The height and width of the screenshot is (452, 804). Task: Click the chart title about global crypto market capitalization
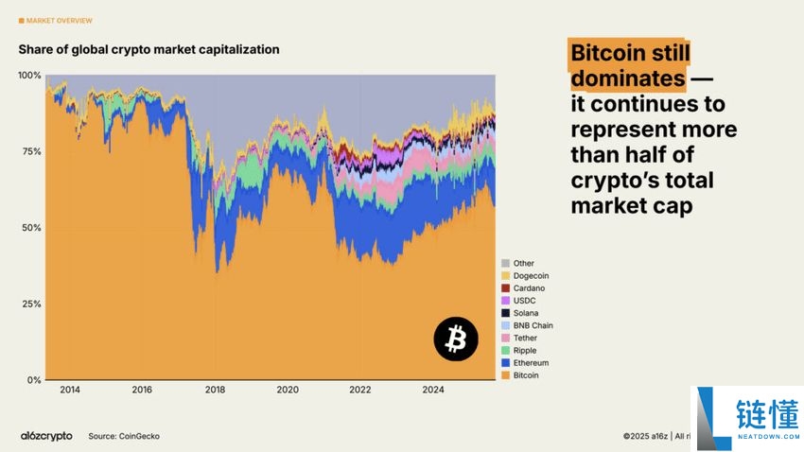149,48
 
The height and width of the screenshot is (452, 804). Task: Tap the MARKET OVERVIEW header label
59,20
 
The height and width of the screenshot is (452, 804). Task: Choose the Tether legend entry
525,338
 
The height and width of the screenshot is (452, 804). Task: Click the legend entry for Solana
525,313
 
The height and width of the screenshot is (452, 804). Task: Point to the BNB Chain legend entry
532,325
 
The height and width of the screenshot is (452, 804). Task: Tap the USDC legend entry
524,301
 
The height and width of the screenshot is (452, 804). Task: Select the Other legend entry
523,263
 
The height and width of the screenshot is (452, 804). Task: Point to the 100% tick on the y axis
29,75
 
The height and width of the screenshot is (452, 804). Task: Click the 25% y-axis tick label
31,304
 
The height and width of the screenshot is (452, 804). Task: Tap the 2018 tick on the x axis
215,390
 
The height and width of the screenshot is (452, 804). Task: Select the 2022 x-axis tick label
359,390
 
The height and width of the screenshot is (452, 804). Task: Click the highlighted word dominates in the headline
628,78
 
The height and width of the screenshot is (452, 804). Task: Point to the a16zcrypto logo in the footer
46,436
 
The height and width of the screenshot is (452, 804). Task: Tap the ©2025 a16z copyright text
646,436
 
